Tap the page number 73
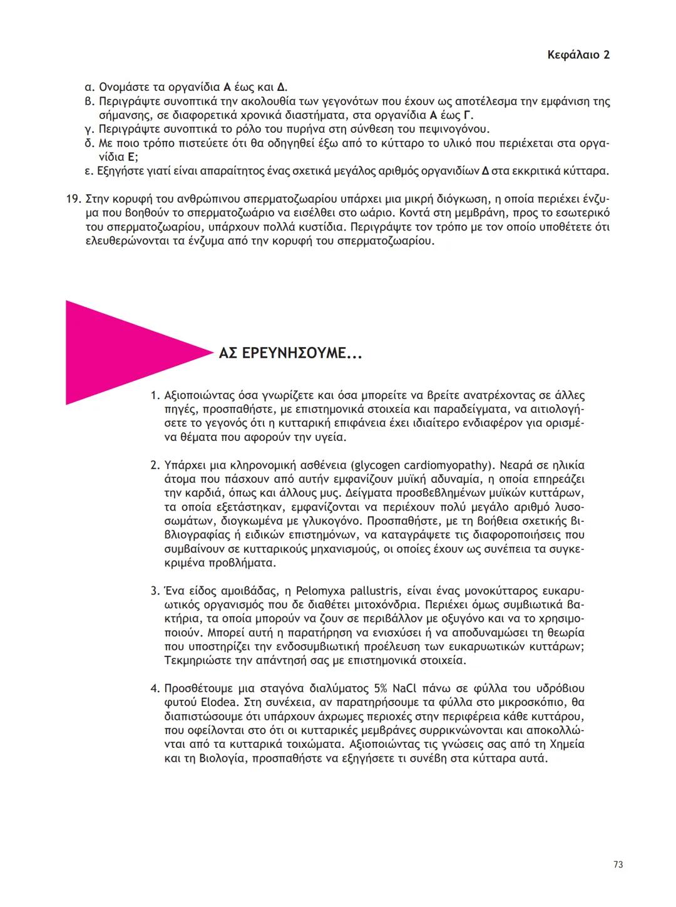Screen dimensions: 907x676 [x=618, y=864]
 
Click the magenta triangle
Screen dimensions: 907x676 [x=119, y=353]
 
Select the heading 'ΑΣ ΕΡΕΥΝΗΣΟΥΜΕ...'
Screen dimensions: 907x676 [x=290, y=354]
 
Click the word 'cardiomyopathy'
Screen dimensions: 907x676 [x=441, y=465]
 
